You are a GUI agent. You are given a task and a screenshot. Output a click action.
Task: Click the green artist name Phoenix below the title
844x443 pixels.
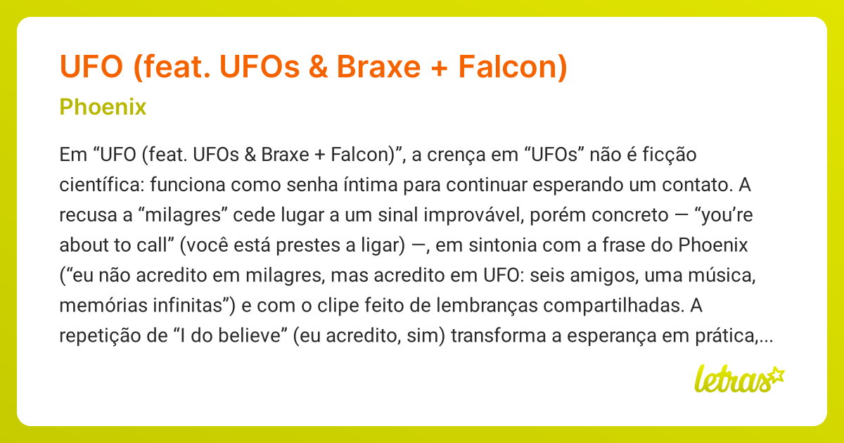(x=103, y=108)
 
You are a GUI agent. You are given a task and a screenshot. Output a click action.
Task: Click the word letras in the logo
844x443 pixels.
(x=731, y=379)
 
